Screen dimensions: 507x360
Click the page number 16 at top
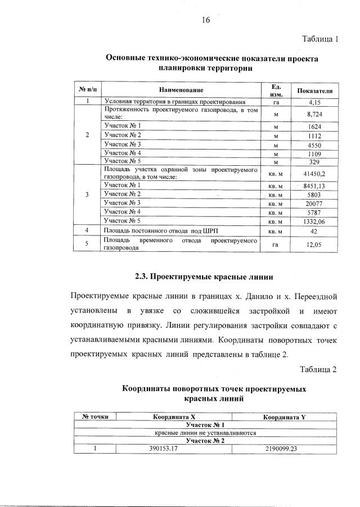pos(205,20)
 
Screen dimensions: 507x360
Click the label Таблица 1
pos(319,39)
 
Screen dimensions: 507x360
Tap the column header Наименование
pos(181,90)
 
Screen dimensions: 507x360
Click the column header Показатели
pos(314,90)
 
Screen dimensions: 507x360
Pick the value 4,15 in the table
pos(314,102)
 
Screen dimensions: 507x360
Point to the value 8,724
pos(314,114)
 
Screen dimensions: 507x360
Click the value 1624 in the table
pos(314,126)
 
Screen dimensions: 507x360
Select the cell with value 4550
pos(314,144)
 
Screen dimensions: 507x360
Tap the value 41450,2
pos(314,173)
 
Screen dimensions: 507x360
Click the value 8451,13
pos(314,184)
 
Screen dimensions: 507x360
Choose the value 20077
pos(314,202)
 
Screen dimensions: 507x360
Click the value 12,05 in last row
pos(314,244)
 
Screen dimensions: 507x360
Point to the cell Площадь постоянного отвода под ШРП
pos(159,230)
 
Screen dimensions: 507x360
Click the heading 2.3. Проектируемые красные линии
pos(204,277)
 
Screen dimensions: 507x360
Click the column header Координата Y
pos(285,417)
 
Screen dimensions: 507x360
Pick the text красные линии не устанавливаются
pos(205,433)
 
